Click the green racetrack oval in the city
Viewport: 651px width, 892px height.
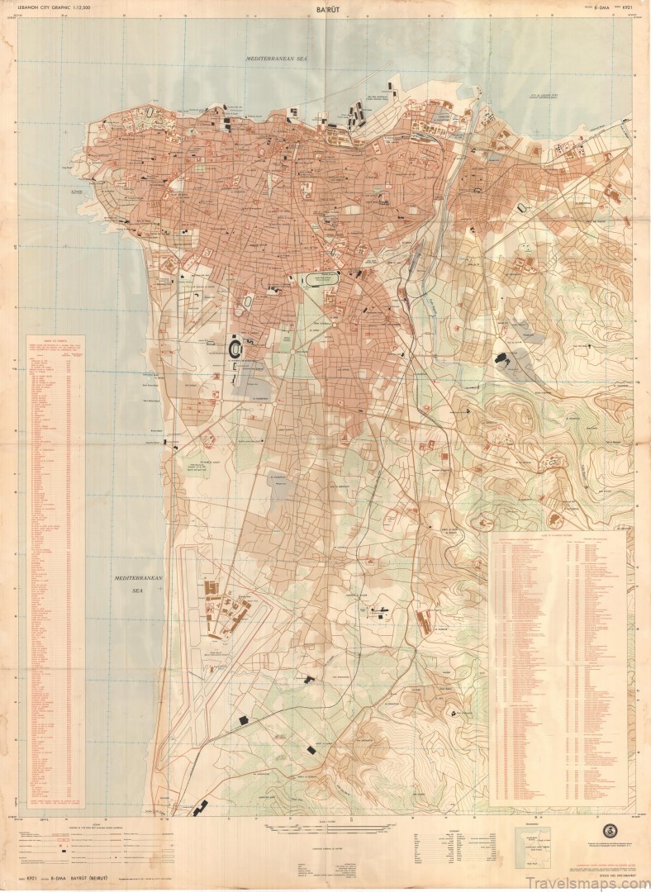pos(321,280)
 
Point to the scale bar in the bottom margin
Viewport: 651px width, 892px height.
pos(330,828)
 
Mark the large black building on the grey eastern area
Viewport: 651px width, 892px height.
pos(503,358)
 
